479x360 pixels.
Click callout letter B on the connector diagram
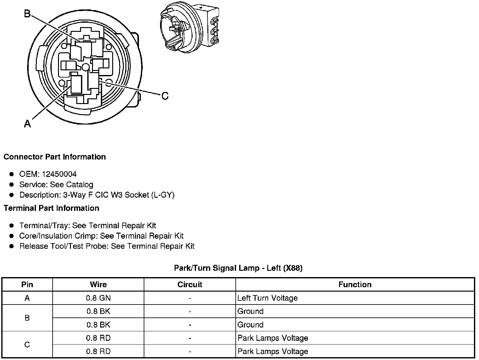tap(27, 14)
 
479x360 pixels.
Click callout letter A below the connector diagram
tap(27, 124)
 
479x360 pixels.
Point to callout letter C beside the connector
tap(165, 96)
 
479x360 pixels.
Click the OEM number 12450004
tap(59, 174)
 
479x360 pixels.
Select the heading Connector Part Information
tap(55, 157)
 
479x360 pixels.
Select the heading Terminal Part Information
tap(51, 208)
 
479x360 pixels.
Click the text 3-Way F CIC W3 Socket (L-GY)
tap(119, 195)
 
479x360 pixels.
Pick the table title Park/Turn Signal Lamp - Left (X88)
tap(238, 268)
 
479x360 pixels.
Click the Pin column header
tap(27, 285)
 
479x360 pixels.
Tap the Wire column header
tap(98, 285)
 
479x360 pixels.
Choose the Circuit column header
tap(190, 285)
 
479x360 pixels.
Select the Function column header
tap(355, 285)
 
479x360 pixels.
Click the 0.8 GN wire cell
tap(98, 298)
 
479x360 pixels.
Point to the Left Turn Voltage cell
tap(268, 298)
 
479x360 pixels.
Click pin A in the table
tap(27, 298)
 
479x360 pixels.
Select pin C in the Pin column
tap(27, 345)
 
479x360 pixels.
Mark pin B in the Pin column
tap(27, 318)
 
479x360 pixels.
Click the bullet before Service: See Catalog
tap(12, 185)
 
